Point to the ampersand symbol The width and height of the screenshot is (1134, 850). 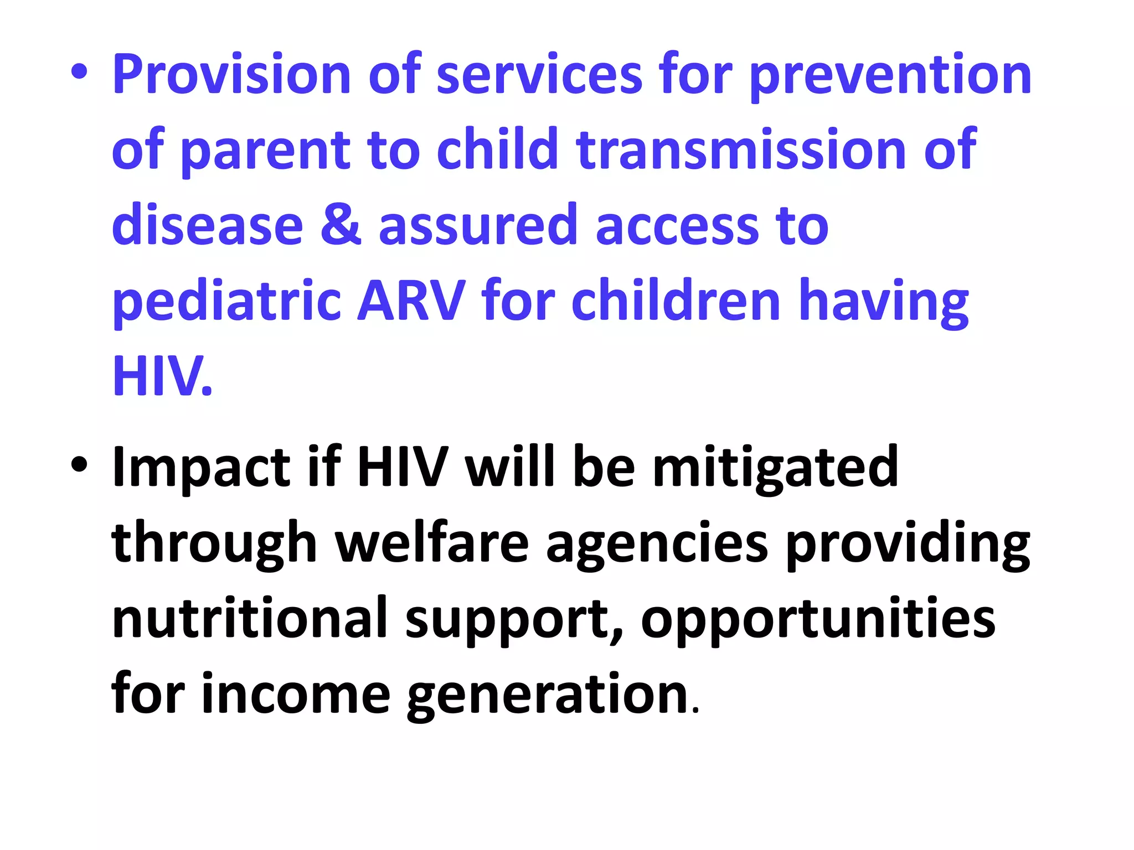click(x=341, y=225)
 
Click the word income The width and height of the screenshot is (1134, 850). click(x=296, y=694)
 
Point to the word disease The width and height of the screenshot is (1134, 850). click(x=207, y=225)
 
